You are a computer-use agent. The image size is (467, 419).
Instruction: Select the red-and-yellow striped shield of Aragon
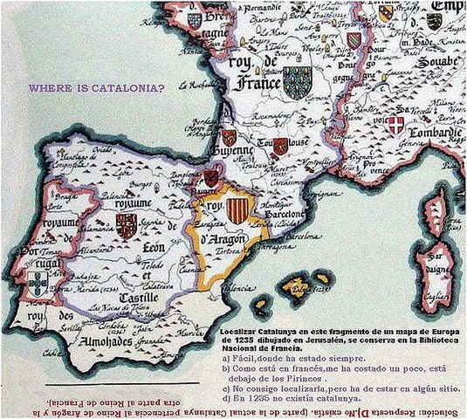tap(237, 209)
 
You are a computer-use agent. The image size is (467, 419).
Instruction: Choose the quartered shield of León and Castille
tap(127, 226)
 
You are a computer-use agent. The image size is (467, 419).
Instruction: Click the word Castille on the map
tap(123, 299)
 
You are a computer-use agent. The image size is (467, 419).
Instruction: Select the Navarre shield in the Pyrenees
tap(210, 177)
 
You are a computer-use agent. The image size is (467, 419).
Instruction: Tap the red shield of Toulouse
tap(280, 148)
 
